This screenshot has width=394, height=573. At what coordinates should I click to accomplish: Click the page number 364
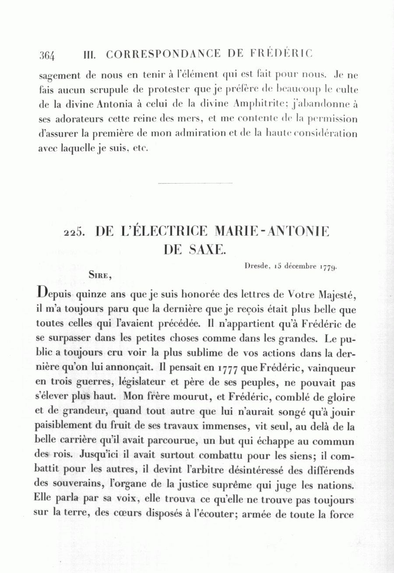pyautogui.click(x=47, y=56)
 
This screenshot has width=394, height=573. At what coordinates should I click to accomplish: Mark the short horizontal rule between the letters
pyautogui.click(x=194, y=183)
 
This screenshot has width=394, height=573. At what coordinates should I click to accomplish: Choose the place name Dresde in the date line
pyautogui.click(x=255, y=265)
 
